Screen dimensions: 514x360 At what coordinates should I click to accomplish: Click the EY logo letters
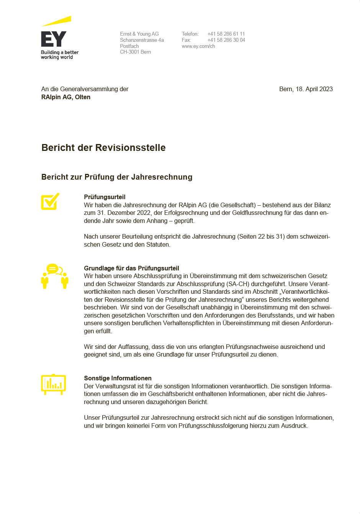tap(54, 39)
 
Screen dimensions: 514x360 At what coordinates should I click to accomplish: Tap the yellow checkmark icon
tap(50, 201)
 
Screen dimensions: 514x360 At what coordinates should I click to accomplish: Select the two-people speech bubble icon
tap(55, 276)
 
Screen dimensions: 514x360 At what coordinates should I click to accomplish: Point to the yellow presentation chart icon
tap(53, 384)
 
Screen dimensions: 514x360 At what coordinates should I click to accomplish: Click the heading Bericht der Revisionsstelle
tap(103, 148)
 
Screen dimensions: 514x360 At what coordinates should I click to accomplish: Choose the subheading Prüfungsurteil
tap(105, 197)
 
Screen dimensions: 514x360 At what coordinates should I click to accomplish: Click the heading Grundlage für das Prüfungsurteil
tap(131, 268)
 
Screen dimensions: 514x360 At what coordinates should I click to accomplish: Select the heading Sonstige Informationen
tap(118, 378)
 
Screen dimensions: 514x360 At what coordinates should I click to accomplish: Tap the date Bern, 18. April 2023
tap(306, 89)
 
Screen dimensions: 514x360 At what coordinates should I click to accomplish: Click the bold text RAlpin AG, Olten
tap(66, 97)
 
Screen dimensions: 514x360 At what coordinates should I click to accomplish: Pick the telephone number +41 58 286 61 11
tap(226, 34)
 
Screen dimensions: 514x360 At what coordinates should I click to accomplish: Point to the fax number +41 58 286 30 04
tap(226, 40)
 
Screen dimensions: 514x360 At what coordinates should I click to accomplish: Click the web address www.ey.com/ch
tap(198, 46)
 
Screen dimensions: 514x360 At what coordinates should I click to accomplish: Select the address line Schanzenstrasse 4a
tap(142, 40)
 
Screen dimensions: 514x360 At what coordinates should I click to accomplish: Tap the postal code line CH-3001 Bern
tap(135, 52)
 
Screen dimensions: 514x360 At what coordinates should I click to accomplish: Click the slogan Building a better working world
tap(60, 55)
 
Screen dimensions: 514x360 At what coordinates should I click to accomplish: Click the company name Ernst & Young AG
tap(139, 34)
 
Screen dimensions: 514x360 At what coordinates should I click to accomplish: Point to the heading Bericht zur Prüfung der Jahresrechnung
tap(117, 177)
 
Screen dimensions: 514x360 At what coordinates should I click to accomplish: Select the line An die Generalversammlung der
tap(85, 89)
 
